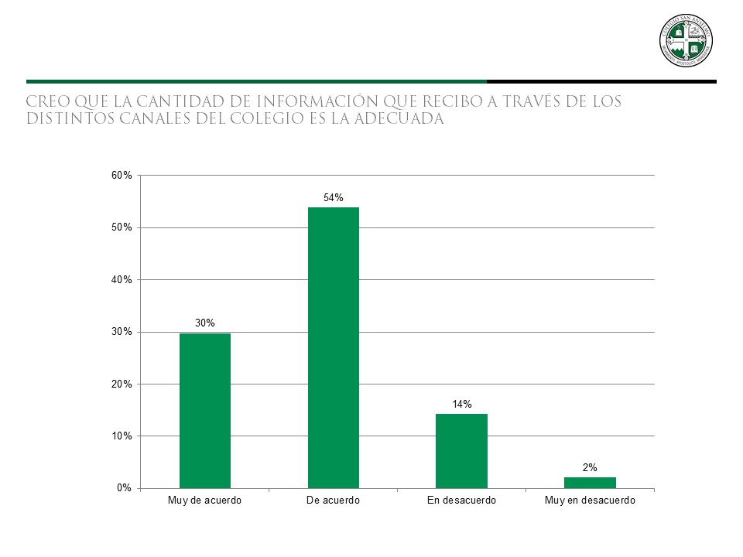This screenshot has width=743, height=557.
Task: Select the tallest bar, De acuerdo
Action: click(334, 347)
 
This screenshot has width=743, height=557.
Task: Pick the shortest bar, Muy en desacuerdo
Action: click(590, 483)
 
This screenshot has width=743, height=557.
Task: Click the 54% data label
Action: click(334, 198)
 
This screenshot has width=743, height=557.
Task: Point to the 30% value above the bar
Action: click(205, 323)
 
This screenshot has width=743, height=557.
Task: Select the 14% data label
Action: click(462, 404)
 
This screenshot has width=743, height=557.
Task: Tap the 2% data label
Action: click(590, 467)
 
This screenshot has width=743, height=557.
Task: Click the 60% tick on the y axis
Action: click(122, 176)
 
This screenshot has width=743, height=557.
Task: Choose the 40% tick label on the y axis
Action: click(122, 280)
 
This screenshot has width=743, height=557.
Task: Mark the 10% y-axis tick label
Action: click(122, 436)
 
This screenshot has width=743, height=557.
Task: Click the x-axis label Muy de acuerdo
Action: click(205, 501)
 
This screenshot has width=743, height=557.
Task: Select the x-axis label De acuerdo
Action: click(334, 501)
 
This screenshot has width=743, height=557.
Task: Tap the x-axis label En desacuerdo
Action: click(461, 501)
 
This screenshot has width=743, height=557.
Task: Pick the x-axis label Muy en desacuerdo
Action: click(590, 501)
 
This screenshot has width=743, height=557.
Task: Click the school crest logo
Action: click(686, 40)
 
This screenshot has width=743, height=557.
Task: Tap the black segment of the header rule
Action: click(601, 81)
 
